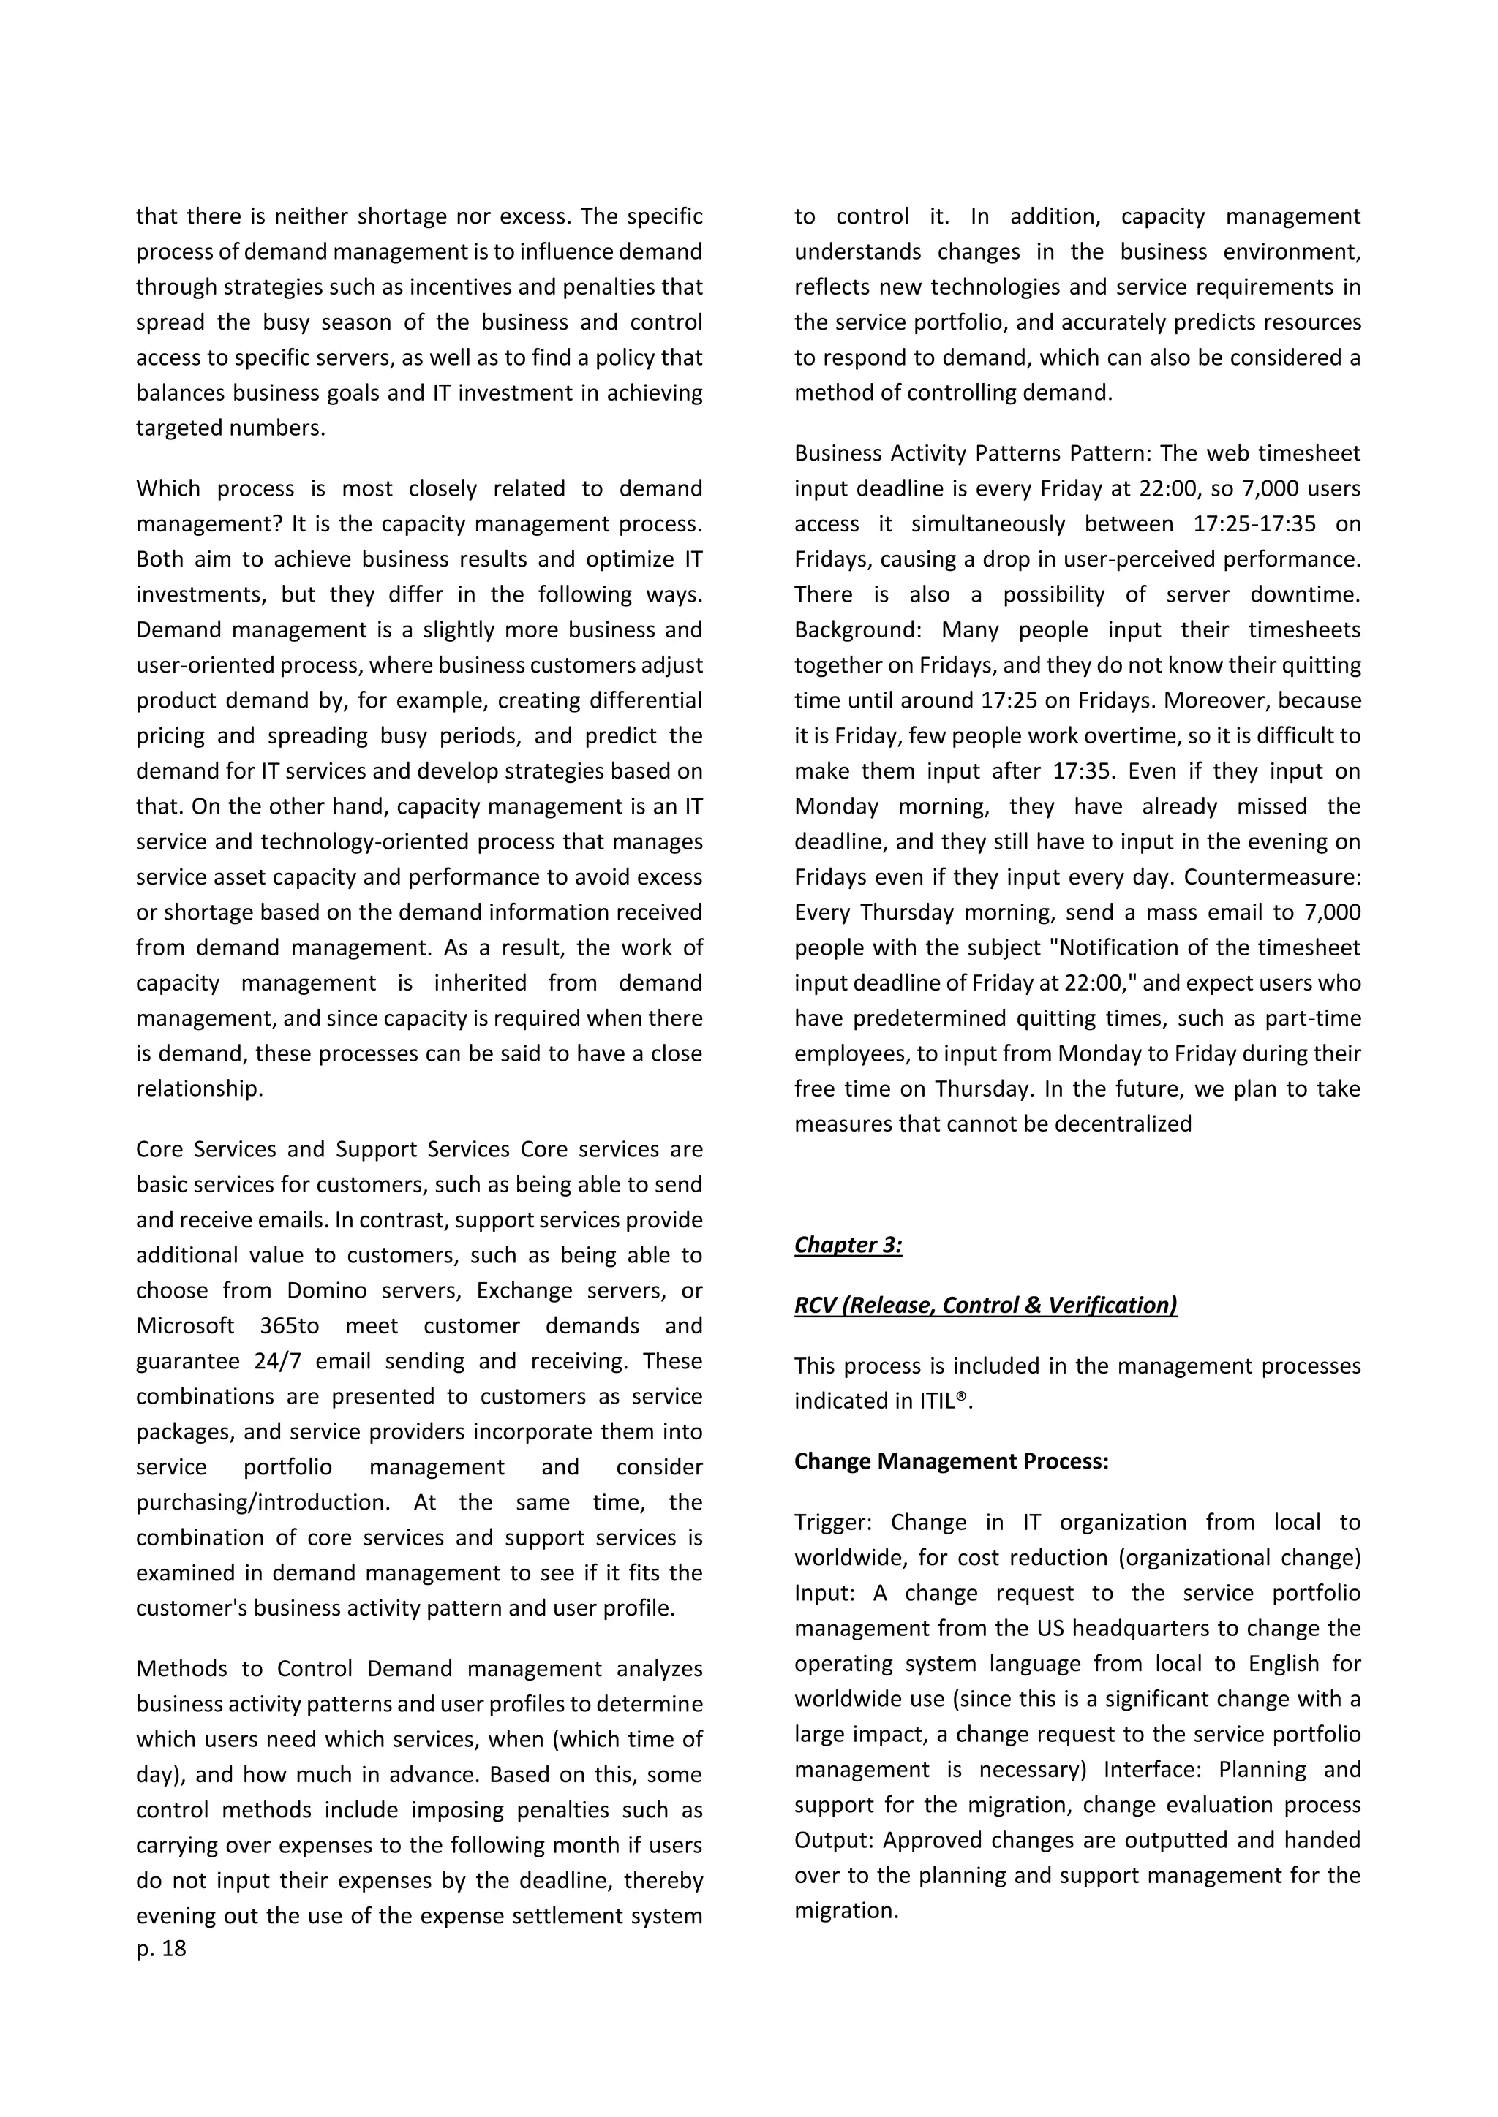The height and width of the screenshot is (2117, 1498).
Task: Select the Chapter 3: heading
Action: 848,1245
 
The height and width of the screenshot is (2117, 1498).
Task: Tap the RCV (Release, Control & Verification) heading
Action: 985,1305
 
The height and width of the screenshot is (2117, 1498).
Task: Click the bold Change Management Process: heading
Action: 951,1461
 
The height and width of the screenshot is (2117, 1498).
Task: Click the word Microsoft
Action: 185,1325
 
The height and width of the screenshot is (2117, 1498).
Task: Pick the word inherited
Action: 480,983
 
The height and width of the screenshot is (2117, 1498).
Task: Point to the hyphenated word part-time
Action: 1313,1018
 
